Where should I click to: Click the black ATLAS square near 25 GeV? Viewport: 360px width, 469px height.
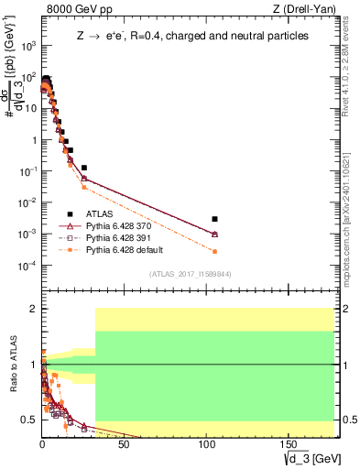coord(84,168)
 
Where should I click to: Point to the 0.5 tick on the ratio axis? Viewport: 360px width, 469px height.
coord(31,420)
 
